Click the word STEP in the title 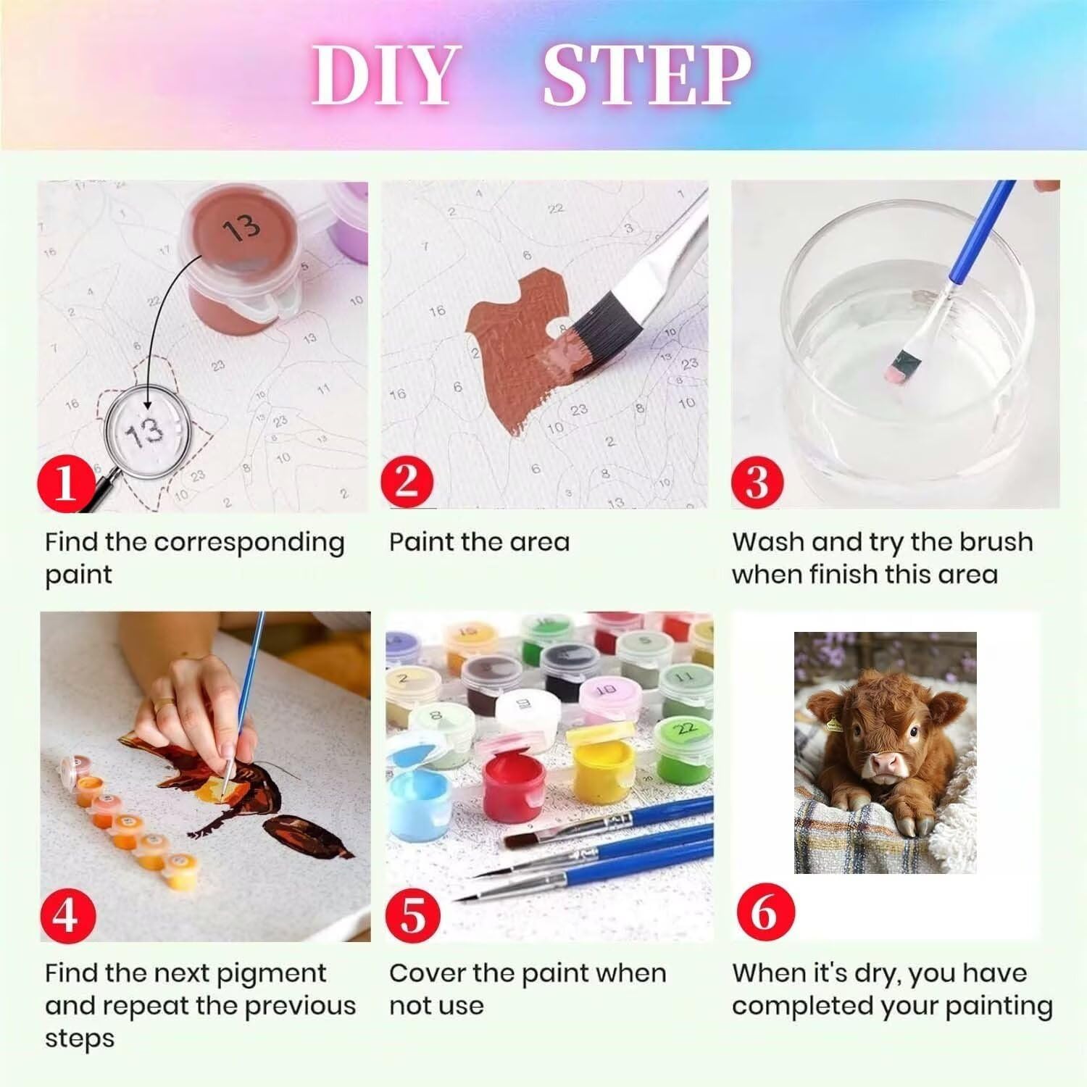click(x=647, y=76)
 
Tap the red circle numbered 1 click(x=65, y=482)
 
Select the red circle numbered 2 click(x=408, y=479)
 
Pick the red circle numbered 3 click(x=758, y=479)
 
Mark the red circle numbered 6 click(x=763, y=912)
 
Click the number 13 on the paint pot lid click(x=241, y=228)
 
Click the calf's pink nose click(x=885, y=765)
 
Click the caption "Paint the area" click(x=479, y=542)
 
